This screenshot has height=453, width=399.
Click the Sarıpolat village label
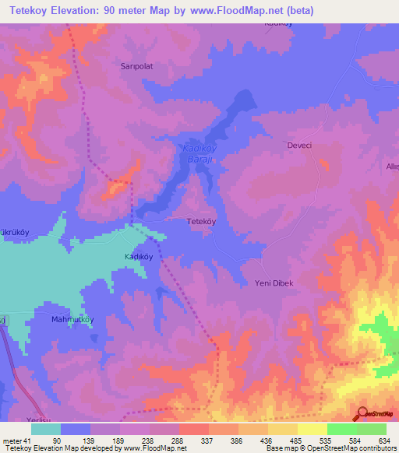coord(135,66)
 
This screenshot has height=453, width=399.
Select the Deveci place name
coord(300,146)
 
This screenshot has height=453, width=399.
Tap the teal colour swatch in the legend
coord(46,429)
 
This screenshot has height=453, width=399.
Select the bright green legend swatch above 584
coord(341,429)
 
